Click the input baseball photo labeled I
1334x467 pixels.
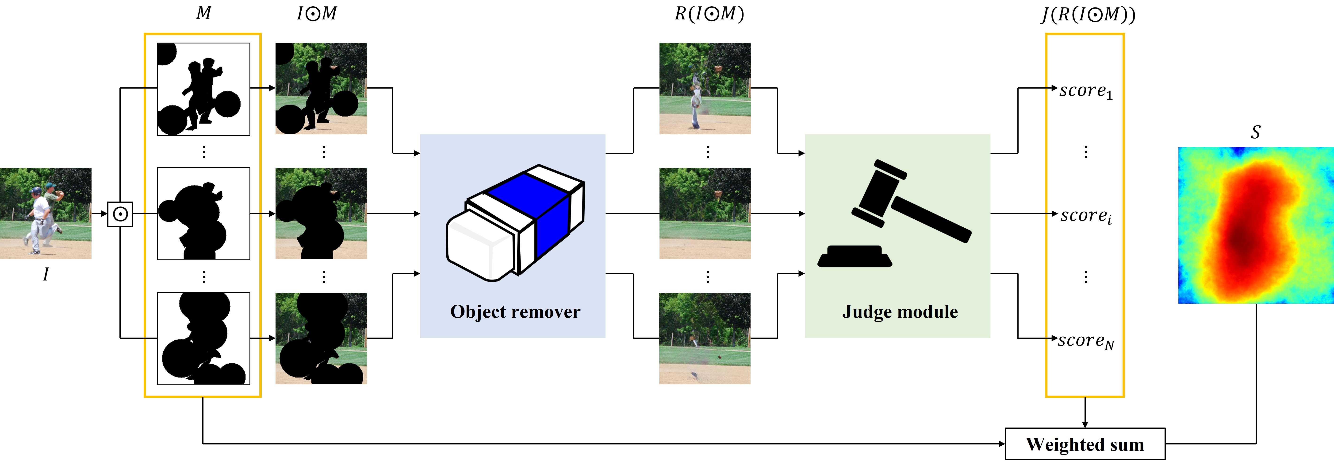pos(46,214)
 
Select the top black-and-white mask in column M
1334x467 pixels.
pos(203,89)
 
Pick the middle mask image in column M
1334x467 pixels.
pos(203,214)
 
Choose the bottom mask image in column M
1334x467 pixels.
pos(203,339)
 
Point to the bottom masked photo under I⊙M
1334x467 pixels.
pos(321,339)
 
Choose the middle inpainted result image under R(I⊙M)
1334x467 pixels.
pos(705,214)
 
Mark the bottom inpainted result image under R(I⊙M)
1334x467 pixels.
pos(705,339)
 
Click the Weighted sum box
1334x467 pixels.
pos(1085,444)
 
